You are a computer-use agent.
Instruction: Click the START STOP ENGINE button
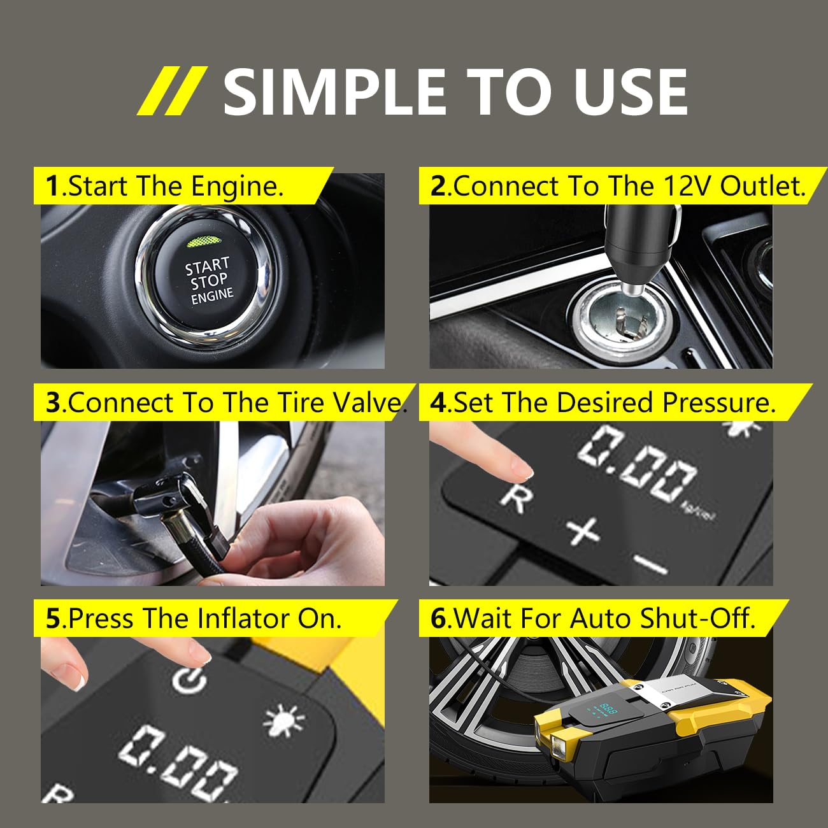[208, 280]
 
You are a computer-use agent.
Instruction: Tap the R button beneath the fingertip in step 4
[516, 496]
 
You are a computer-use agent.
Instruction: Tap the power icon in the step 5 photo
[189, 680]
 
